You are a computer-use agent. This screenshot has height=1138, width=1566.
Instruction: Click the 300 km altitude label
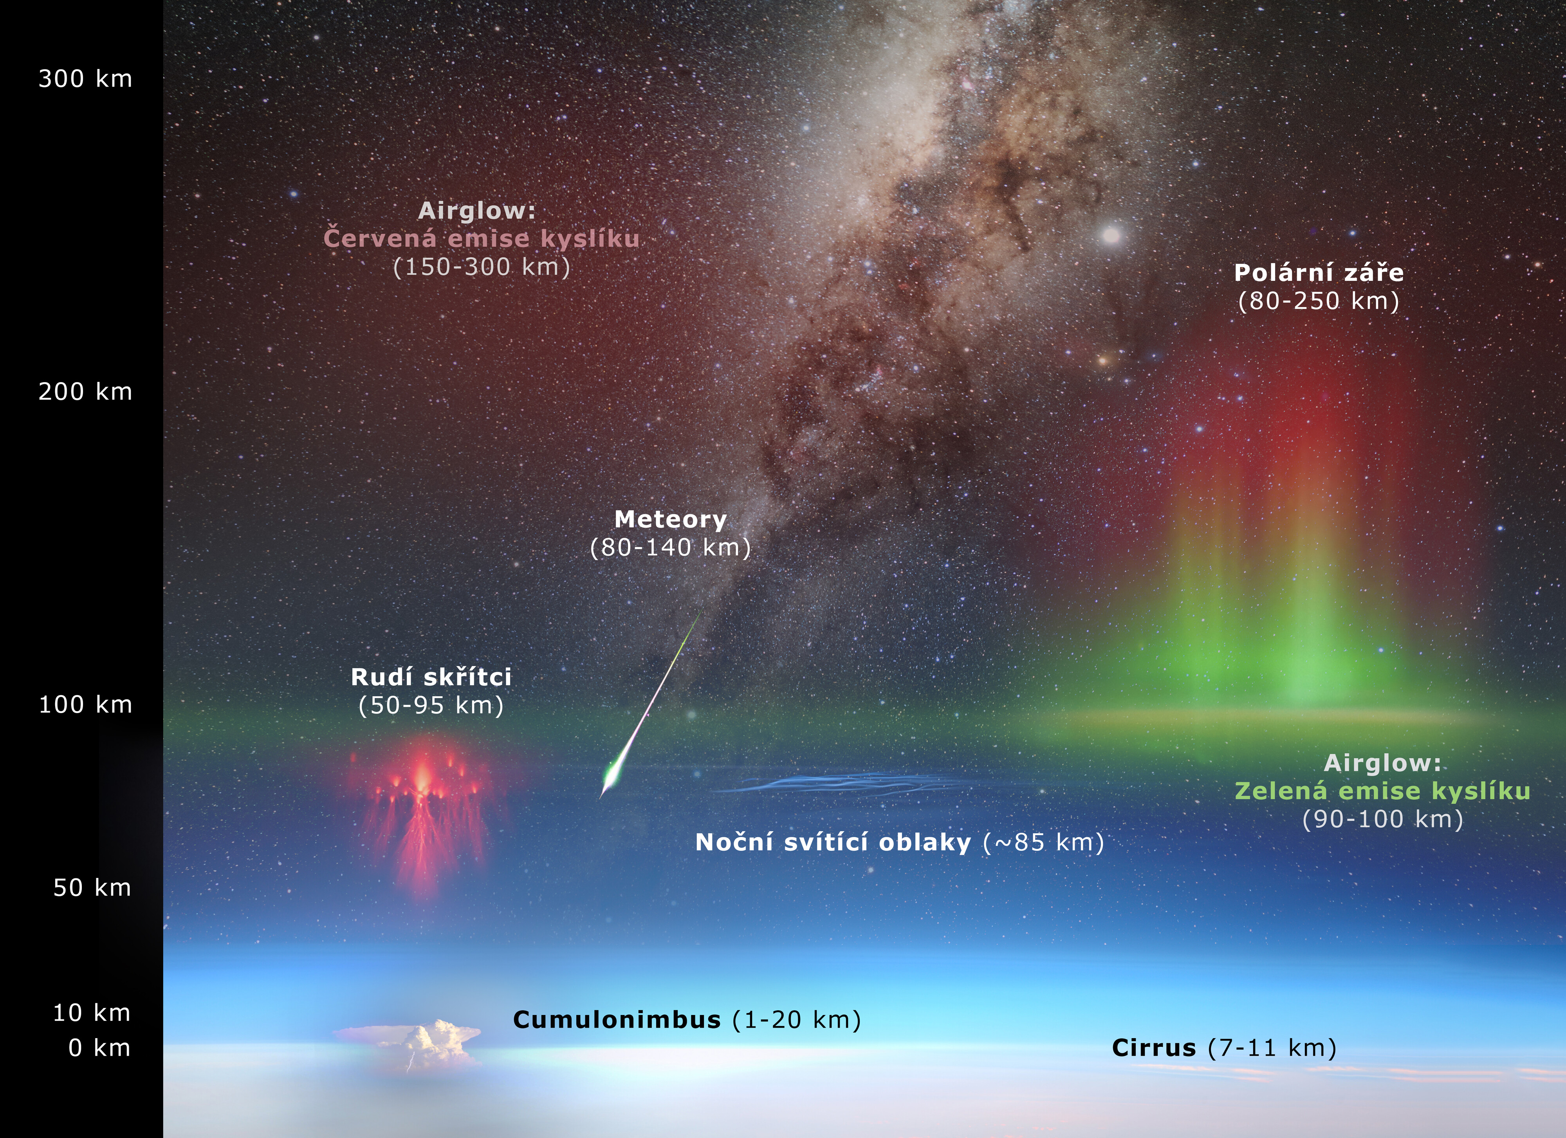coord(85,79)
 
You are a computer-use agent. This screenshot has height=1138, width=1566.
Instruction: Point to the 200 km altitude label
coord(85,392)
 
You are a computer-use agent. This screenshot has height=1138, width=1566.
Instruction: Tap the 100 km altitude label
coord(85,704)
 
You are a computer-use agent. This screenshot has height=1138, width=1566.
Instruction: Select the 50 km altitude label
coord(92,887)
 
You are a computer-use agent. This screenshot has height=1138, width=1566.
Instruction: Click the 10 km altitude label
coord(92,1013)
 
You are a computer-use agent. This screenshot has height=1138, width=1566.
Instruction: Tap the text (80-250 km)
coord(1319,301)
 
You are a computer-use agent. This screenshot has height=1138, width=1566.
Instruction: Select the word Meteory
coord(671,519)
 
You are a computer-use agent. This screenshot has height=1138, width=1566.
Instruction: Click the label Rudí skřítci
coord(431,677)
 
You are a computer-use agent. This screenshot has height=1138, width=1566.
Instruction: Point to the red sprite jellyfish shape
coord(422,815)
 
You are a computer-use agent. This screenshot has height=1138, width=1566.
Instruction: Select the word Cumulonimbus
coord(617,1020)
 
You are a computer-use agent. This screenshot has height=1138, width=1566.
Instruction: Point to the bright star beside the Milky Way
coord(1111,235)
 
